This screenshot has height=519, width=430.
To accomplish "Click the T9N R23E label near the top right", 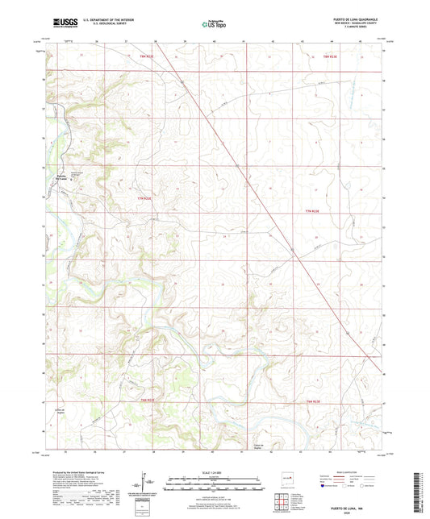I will click(322, 56).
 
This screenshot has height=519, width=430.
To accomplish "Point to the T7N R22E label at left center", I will click(142, 198).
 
